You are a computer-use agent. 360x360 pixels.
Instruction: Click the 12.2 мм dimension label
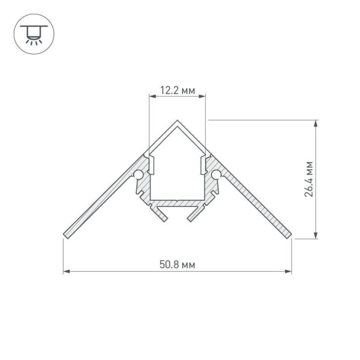pyautogui.click(x=177, y=91)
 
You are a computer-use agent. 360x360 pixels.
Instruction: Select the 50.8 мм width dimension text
pyautogui.click(x=177, y=264)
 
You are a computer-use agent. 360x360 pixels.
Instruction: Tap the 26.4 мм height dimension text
pyautogui.click(x=308, y=179)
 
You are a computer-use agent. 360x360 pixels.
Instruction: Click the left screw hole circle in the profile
pyautogui.click(x=139, y=175)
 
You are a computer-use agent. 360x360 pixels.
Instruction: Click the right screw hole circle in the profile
pyautogui.click(x=216, y=175)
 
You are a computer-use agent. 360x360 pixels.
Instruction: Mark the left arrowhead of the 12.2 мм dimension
pyautogui.click(x=151, y=96)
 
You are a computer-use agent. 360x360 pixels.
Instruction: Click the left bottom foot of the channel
pyautogui.click(x=160, y=214)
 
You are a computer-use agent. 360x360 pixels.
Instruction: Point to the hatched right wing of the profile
pyautogui.click(x=252, y=204)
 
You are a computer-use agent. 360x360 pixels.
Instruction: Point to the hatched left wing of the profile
pyautogui.click(x=102, y=204)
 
